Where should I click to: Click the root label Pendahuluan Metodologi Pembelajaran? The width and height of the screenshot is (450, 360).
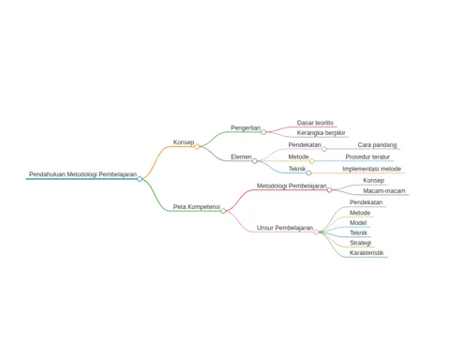tap(82, 174)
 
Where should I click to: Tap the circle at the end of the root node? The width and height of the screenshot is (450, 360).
tap(140, 179)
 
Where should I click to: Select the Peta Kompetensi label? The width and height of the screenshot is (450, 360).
tap(197, 207)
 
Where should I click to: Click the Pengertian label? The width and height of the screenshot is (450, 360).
tap(246, 127)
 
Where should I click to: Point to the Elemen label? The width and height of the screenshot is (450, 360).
tap(241, 157)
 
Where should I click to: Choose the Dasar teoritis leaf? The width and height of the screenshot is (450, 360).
tap(315, 123)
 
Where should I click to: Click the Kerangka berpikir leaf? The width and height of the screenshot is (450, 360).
tap(321, 133)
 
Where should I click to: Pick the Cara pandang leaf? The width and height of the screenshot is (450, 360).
tap(377, 145)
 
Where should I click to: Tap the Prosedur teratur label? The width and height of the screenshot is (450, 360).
tap(367, 157)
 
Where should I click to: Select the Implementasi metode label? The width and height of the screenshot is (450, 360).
tap(371, 169)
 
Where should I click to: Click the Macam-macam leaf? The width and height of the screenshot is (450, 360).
tap(384, 190)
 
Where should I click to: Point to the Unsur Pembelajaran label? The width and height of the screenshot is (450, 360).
tap(285, 228)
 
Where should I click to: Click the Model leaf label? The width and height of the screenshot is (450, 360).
tap(358, 223)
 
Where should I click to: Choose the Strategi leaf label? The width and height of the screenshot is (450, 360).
tap(360, 243)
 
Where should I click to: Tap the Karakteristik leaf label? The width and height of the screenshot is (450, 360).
tap(367, 253)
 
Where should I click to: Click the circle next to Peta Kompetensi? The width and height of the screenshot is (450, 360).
tap(223, 211)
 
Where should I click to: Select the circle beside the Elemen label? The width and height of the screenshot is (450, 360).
tap(255, 161)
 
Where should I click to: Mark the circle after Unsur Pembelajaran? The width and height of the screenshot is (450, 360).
tap(316, 232)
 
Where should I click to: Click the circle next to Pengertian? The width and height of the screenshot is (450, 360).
tap(263, 132)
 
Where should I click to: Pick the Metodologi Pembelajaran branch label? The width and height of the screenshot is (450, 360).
tap(292, 186)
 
